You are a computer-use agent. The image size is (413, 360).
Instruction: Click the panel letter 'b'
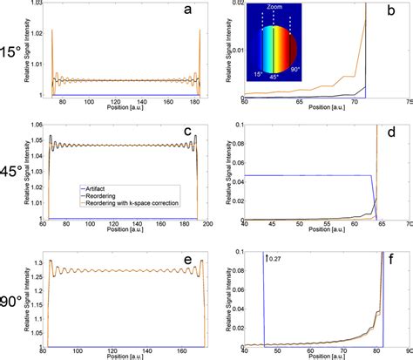tap(396, 15)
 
